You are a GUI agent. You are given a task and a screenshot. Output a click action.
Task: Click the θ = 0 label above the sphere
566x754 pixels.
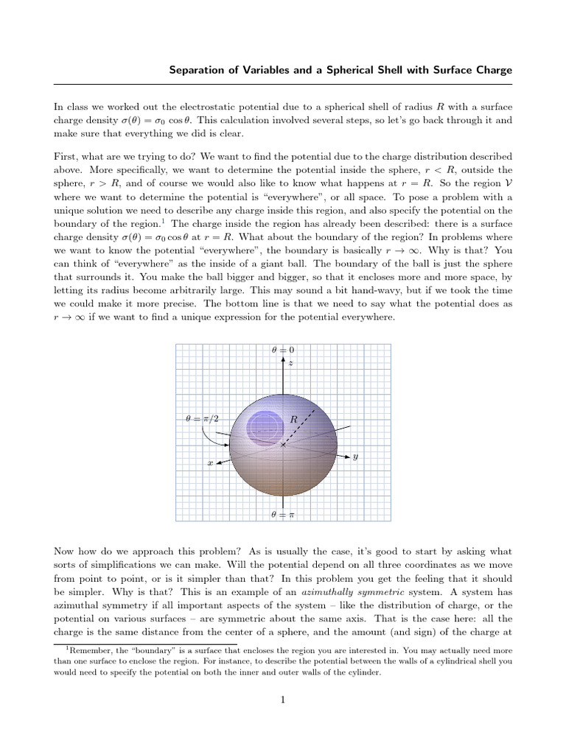tap(283, 349)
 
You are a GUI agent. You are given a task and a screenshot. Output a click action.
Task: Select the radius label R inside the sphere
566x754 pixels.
tap(294, 419)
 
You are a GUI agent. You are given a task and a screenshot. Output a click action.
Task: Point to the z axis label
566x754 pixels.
tap(291, 363)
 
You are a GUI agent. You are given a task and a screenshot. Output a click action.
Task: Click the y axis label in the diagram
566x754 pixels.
tap(355, 457)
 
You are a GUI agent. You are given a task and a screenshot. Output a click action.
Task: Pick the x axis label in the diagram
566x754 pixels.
tap(209, 464)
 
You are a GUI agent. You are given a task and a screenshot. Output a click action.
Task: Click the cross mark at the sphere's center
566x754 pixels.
tap(283, 445)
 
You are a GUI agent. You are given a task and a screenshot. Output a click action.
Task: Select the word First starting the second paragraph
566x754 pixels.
tap(67, 157)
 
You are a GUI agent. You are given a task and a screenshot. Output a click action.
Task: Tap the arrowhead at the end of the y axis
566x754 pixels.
tap(346, 456)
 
